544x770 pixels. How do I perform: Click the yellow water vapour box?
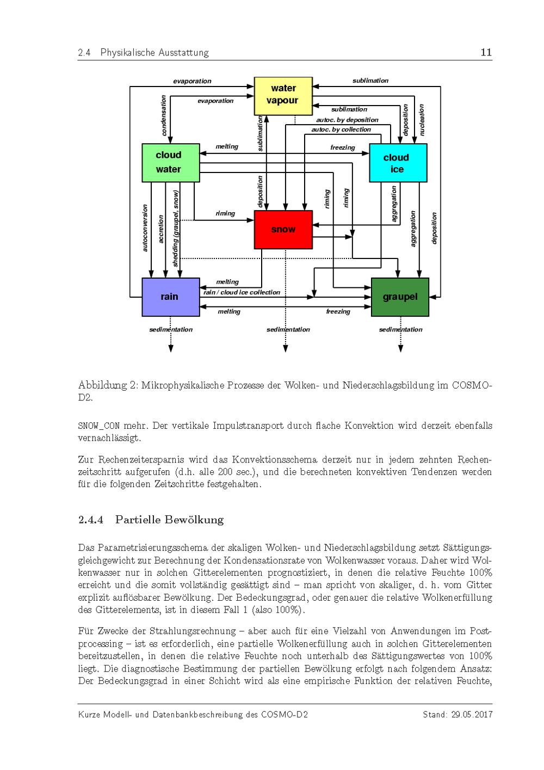pyautogui.click(x=283, y=95)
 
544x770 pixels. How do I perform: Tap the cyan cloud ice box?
pyautogui.click(x=398, y=163)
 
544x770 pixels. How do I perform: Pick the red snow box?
pyautogui.click(x=283, y=229)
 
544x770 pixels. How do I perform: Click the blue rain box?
pyautogui.click(x=170, y=297)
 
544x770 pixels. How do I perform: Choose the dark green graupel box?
pyautogui.click(x=400, y=297)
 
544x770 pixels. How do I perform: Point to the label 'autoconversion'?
pyautogui.click(x=145, y=228)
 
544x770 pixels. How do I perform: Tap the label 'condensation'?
pyautogui.click(x=164, y=115)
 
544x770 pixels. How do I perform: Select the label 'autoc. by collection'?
pyautogui.click(x=341, y=130)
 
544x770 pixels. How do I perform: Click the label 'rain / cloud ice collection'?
pyautogui.click(x=242, y=292)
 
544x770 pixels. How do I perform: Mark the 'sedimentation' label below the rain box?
pyautogui.click(x=171, y=329)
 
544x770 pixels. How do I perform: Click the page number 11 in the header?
pyautogui.click(x=486, y=52)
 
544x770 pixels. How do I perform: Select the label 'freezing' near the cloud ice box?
pyautogui.click(x=343, y=147)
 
